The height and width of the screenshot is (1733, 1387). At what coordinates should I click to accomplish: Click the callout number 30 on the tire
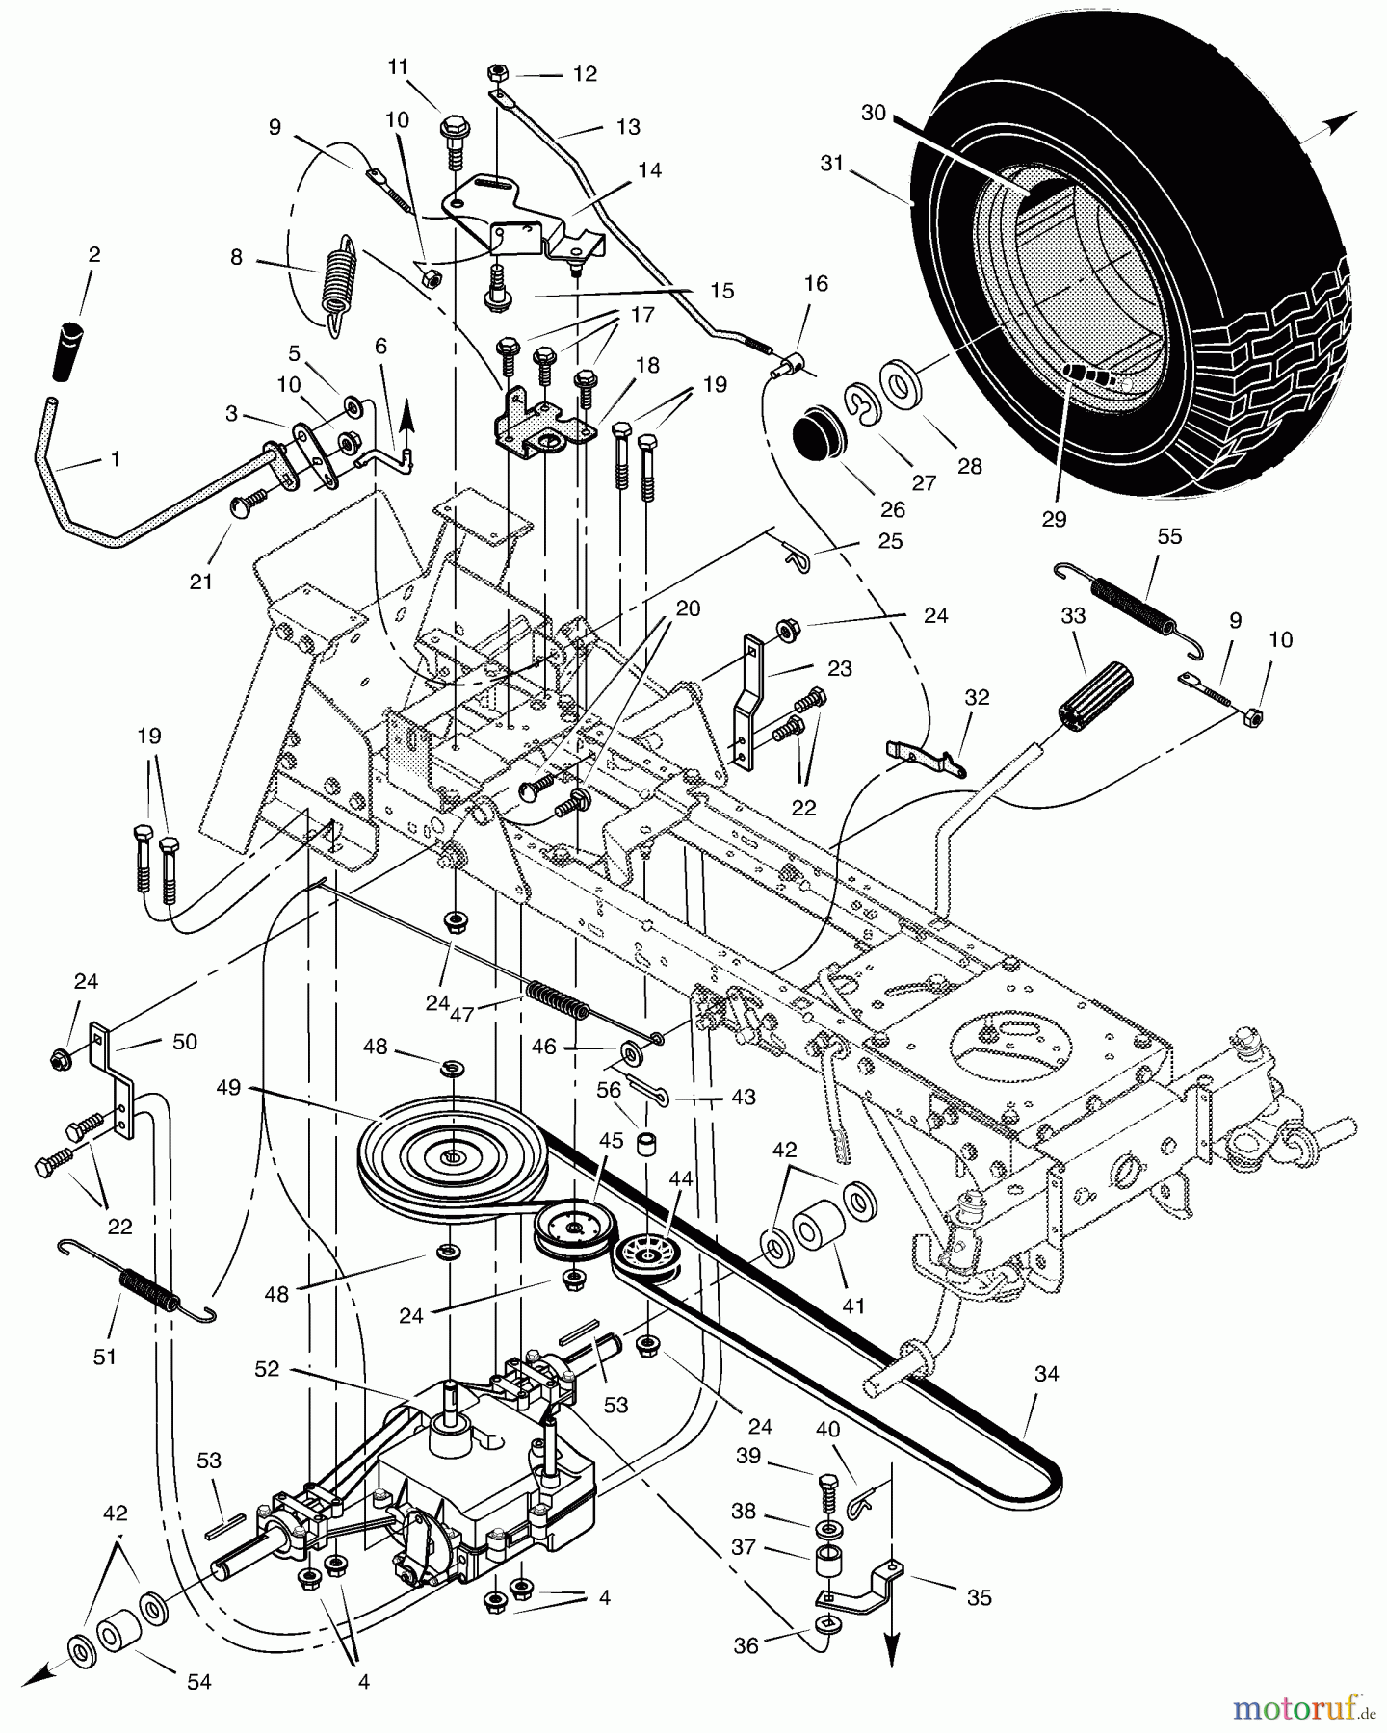tap(873, 113)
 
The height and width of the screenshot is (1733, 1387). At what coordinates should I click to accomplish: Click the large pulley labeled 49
tap(451, 1157)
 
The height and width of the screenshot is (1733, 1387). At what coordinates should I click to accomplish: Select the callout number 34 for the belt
tap(1046, 1374)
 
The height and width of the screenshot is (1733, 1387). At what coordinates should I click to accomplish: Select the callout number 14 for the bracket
tap(649, 170)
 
